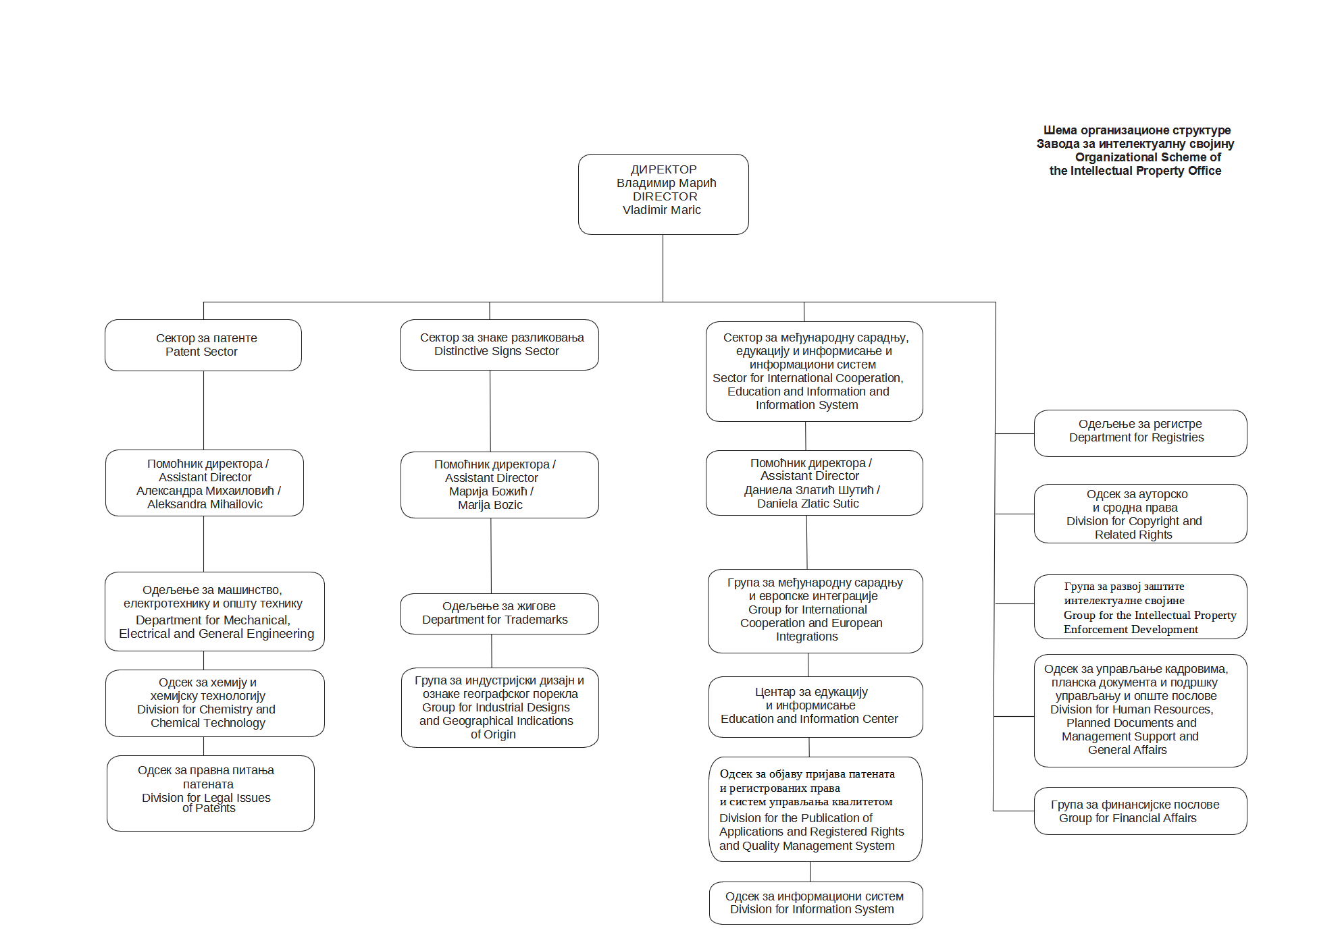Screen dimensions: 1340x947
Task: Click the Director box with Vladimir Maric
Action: (663, 194)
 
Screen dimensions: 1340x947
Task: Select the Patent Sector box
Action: (203, 345)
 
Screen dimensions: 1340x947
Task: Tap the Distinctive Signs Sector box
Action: (499, 345)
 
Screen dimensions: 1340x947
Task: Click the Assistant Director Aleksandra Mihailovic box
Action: (205, 483)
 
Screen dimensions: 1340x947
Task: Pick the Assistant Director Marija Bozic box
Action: (500, 485)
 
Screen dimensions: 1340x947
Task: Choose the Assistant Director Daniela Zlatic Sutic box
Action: (815, 483)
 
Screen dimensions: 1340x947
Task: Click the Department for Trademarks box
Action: (499, 614)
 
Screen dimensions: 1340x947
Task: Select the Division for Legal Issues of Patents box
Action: (211, 793)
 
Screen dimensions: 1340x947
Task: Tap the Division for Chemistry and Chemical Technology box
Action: (215, 703)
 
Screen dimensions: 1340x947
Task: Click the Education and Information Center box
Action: (816, 707)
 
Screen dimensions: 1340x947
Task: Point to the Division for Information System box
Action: (816, 903)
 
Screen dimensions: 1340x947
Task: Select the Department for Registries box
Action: (1141, 433)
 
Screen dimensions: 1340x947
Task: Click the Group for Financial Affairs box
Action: (1141, 811)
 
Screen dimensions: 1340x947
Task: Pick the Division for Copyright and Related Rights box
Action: (1141, 514)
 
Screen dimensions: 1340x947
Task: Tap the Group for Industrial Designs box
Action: (500, 707)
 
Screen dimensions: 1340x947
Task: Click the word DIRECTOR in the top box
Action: (665, 196)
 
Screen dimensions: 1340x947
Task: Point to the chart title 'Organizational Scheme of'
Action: (1148, 157)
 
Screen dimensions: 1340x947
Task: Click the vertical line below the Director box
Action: (663, 268)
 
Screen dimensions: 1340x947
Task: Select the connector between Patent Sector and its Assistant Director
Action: (203, 410)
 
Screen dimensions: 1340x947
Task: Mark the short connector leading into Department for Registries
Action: (1015, 433)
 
